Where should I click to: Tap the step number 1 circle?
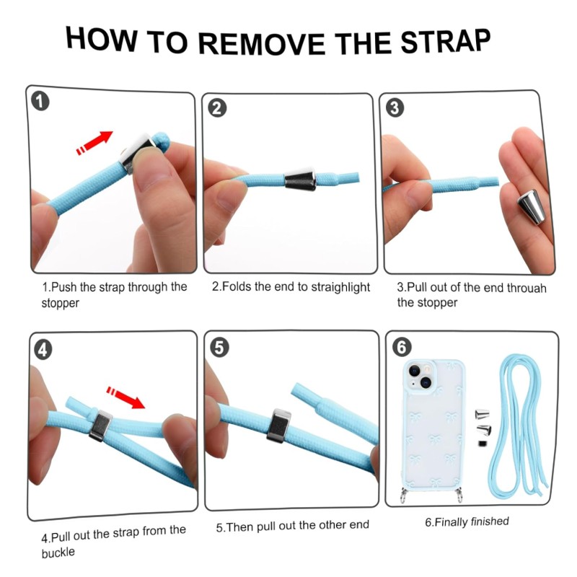click(40, 102)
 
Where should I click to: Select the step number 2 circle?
click(217, 108)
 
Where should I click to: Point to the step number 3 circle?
click(395, 108)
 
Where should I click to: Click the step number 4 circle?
click(43, 350)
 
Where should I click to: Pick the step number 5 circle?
click(219, 348)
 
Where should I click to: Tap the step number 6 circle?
click(402, 347)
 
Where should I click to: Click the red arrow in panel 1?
click(94, 142)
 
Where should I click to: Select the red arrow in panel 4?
click(125, 397)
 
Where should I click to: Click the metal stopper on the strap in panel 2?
click(300, 179)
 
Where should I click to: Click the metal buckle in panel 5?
click(278, 426)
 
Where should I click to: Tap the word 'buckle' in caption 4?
click(58, 552)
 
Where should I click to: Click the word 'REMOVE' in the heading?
click(262, 44)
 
